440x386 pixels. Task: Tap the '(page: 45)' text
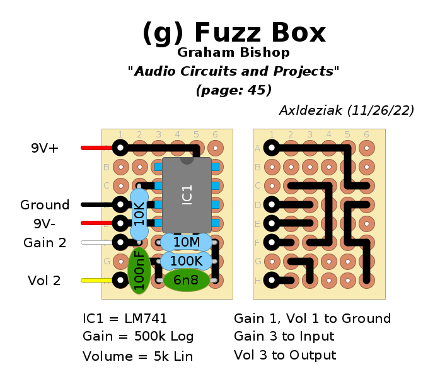coord(234,90)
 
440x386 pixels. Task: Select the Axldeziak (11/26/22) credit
coord(346,110)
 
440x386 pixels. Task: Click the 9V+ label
coord(45,149)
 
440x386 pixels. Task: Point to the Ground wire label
coord(45,205)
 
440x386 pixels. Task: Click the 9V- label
coord(45,223)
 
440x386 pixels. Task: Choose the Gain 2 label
coord(45,242)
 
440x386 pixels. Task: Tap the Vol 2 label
coord(44,281)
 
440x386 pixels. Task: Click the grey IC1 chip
coord(187,195)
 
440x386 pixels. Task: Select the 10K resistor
coord(139,214)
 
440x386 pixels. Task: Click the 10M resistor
coord(186,242)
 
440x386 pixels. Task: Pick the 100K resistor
coord(186,260)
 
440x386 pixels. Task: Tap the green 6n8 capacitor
coord(186,280)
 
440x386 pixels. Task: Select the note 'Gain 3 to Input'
coord(284,337)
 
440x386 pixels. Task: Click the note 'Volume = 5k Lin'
coord(137,356)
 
